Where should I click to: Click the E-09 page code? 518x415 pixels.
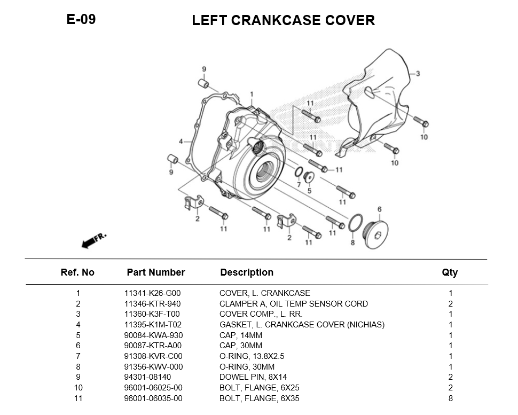pyautogui.click(x=81, y=19)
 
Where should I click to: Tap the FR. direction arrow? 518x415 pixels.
pyautogui.click(x=93, y=240)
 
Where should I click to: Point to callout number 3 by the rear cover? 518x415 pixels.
pyautogui.click(x=418, y=74)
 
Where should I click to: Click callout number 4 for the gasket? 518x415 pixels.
pyautogui.click(x=181, y=142)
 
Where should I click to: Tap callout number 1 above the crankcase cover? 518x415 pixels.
pyautogui.click(x=252, y=94)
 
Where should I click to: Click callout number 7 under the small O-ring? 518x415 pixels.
pyautogui.click(x=299, y=185)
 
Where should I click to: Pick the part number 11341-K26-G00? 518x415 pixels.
pyautogui.click(x=152, y=293)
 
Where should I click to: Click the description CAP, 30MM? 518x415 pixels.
pyautogui.click(x=248, y=346)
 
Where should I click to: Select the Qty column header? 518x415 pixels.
pyautogui.click(x=450, y=272)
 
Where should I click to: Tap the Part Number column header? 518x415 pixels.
pyautogui.click(x=155, y=272)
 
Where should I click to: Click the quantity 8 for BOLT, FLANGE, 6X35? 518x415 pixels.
pyautogui.click(x=450, y=398)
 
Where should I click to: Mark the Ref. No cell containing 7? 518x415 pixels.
pyautogui.click(x=78, y=356)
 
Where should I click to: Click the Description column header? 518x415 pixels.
pyautogui.click(x=247, y=272)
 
